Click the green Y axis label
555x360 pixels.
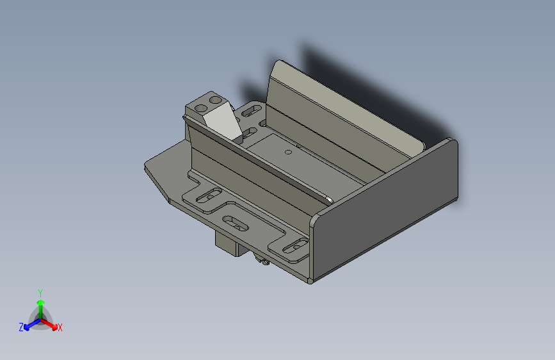point(40,291)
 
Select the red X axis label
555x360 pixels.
point(60,327)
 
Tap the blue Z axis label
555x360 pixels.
point(21,327)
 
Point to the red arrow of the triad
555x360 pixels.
point(51,324)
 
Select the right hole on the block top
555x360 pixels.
point(215,100)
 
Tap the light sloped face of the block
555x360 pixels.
point(223,122)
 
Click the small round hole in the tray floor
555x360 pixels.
point(288,152)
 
